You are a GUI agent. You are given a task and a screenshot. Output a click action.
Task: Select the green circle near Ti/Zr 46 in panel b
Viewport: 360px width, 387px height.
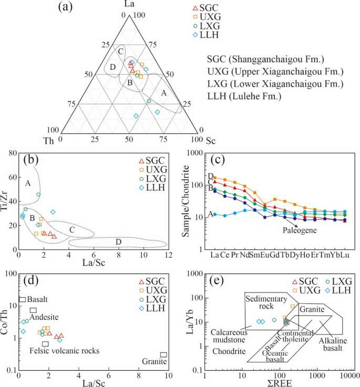(x=38, y=194)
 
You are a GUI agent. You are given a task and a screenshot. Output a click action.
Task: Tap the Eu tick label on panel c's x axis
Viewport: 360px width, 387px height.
(x=265, y=255)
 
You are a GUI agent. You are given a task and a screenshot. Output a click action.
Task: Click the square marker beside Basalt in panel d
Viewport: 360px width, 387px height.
(x=23, y=299)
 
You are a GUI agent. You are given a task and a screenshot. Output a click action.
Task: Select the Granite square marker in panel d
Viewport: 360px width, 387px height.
(x=164, y=355)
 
